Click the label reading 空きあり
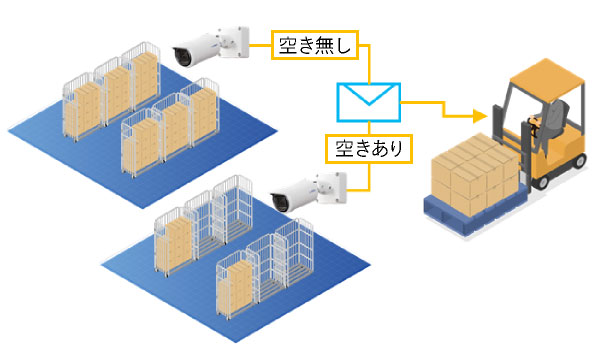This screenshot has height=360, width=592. pos(366,149)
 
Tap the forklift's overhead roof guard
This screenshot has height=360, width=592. pos(540,72)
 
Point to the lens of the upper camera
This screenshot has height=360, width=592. pos(182,56)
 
